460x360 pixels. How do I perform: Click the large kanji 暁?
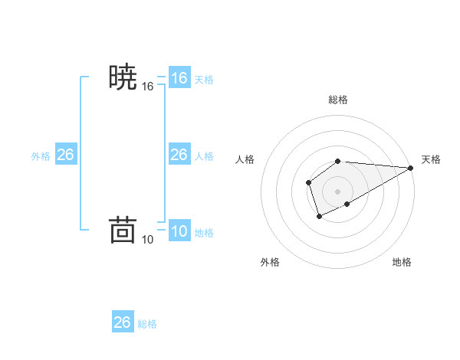point(123,78)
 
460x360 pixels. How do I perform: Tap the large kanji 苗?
point(123,230)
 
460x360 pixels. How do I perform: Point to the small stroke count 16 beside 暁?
point(148,87)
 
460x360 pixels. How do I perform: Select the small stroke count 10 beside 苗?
point(148,240)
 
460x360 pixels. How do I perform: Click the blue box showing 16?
point(179,78)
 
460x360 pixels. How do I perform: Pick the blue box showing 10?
point(179,231)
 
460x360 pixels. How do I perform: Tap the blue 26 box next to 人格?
point(179,155)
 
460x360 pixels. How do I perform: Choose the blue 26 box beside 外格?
point(65,155)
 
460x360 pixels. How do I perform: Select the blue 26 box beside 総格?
point(123,322)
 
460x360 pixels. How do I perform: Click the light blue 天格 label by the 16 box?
point(204,80)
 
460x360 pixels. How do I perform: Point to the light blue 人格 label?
point(204,156)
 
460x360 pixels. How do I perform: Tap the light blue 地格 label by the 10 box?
point(204,233)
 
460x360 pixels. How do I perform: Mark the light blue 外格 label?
point(41,156)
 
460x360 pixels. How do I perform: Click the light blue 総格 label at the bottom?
point(147,324)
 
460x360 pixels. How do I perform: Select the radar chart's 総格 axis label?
point(338,100)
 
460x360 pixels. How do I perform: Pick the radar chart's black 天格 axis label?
point(431,159)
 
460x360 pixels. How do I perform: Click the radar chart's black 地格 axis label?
point(402,263)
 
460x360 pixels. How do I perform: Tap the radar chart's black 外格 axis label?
point(270,263)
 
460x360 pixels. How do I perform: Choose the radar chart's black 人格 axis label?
point(245,159)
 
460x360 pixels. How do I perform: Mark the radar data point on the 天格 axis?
point(411,168)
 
